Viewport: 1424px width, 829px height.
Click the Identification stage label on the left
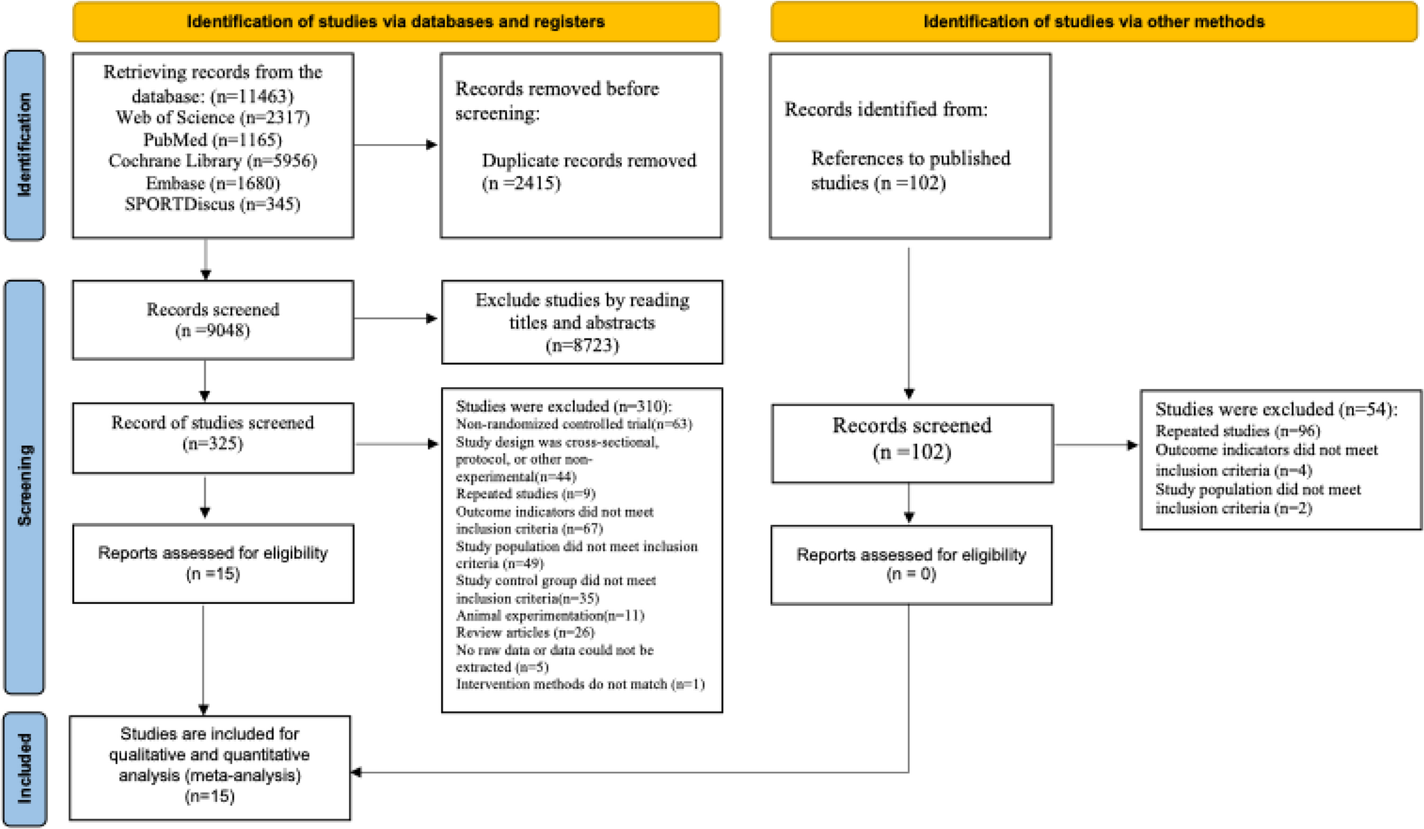point(24,145)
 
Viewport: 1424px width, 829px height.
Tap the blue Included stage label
point(25,769)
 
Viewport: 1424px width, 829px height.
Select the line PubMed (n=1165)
point(213,140)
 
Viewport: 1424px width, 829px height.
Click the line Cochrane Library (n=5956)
point(213,161)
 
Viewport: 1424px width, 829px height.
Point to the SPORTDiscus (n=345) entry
point(213,204)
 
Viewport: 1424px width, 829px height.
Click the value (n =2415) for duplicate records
point(522,184)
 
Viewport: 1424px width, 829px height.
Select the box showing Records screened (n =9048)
point(213,319)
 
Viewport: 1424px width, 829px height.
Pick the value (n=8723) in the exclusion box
point(582,345)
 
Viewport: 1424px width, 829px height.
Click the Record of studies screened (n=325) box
point(213,438)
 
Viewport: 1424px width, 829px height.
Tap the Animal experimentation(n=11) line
point(550,616)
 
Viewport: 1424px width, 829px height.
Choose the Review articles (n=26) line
point(525,632)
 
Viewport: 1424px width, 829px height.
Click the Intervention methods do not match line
point(580,684)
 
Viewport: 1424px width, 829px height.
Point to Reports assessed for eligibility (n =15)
point(213,563)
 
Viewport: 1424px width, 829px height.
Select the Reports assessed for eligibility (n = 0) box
point(911,564)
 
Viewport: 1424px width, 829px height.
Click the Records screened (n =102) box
point(911,443)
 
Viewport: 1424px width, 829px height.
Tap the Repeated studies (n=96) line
point(1238,431)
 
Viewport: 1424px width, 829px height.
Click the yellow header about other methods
point(1094,21)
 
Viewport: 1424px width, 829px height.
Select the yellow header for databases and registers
point(395,21)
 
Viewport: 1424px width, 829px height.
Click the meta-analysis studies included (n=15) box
point(210,767)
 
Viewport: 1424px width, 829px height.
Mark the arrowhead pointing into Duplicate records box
point(432,145)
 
